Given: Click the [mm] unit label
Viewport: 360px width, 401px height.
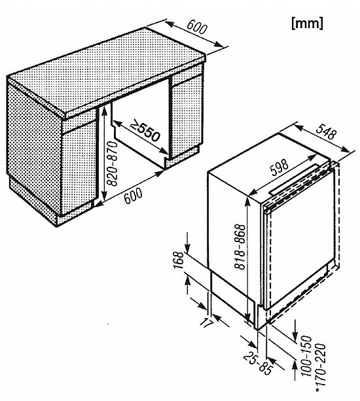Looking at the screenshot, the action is pyautogui.click(x=307, y=24).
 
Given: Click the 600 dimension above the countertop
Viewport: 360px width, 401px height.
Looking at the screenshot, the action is pyautogui.click(x=196, y=26).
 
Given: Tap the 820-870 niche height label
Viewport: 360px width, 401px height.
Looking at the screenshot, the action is pyautogui.click(x=112, y=164).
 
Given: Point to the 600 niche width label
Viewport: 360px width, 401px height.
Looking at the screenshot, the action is pyautogui.click(x=133, y=196).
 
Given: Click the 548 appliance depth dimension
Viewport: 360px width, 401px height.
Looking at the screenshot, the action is pyautogui.click(x=326, y=131).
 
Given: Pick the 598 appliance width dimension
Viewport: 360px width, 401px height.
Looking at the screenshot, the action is pyautogui.click(x=279, y=167).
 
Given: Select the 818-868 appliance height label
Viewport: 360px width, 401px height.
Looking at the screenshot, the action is pyautogui.click(x=240, y=247).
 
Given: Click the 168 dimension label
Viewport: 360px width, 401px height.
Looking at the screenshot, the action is pyautogui.click(x=179, y=260).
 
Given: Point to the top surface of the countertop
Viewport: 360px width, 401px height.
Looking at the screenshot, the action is pyautogui.click(x=107, y=71).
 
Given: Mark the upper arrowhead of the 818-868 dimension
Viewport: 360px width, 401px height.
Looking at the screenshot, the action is pyautogui.click(x=247, y=201).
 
